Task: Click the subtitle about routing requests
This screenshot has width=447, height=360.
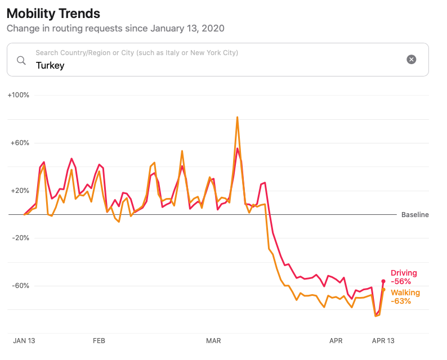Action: [x=115, y=28]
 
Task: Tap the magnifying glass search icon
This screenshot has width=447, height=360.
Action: [x=21, y=60]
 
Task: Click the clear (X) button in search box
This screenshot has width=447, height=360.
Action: [x=412, y=60]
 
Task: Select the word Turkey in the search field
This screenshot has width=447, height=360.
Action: [x=50, y=65]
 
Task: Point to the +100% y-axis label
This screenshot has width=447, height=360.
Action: [x=19, y=95]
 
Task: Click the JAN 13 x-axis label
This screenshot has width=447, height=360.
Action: [x=25, y=341]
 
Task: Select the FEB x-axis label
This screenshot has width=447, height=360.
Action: [x=99, y=341]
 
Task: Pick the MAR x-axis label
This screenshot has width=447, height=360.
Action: [x=213, y=341]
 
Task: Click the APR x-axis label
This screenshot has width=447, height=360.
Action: [x=336, y=341]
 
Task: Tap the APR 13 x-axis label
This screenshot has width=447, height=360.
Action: [x=383, y=341]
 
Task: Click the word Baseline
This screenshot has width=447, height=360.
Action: [x=415, y=215]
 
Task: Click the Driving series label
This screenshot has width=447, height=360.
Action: [x=404, y=273]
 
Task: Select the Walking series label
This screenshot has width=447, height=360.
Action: [x=405, y=292]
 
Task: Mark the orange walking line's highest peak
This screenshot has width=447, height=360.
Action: [x=238, y=118]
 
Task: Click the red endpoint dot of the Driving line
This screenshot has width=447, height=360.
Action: [x=383, y=281]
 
